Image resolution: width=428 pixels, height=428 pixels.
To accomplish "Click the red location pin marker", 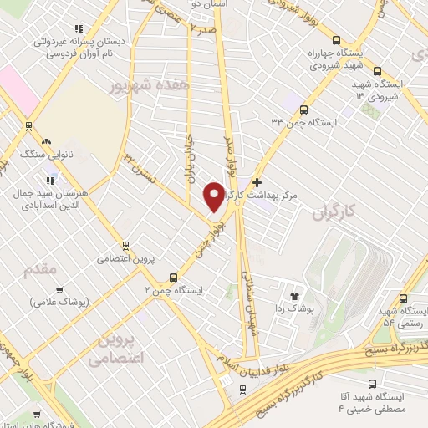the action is point(214,196).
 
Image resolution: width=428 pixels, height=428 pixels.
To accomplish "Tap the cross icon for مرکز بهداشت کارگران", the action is point(257,181).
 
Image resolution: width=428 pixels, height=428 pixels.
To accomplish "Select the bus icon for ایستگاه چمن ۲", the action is point(174,278).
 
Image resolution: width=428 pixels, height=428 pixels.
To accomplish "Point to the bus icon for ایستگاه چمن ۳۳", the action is point(303,110).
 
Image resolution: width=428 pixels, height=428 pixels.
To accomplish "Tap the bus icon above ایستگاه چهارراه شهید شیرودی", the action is point(336,39).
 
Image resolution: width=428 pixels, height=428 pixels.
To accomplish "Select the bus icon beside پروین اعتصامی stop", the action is point(125,246).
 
